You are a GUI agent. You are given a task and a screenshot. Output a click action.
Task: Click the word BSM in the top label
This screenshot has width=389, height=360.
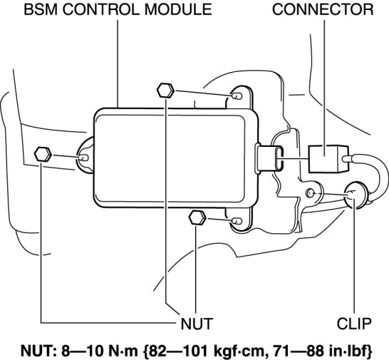41,10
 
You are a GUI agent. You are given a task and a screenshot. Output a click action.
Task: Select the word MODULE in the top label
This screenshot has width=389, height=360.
178,10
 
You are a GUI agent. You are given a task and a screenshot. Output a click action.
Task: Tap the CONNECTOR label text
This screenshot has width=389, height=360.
323,10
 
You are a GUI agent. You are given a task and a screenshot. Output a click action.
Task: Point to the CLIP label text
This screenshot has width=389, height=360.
354,324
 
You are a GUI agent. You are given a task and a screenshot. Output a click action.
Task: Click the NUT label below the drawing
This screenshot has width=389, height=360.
197,324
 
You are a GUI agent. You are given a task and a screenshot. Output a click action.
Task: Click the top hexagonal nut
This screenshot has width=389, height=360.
165,91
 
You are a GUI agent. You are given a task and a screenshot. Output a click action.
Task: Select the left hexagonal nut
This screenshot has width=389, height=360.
43,155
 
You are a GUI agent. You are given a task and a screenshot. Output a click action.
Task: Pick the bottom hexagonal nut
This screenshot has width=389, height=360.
197,217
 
